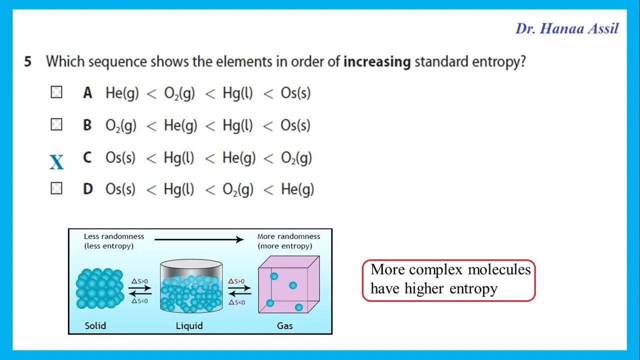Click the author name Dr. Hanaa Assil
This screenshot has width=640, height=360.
click(x=567, y=28)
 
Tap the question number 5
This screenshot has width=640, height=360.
click(x=27, y=62)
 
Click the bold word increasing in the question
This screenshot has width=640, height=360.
click(x=377, y=62)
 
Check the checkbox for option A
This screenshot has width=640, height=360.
click(x=56, y=92)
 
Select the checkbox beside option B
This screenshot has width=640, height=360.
click(x=56, y=124)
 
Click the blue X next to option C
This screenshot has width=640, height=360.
click(x=56, y=162)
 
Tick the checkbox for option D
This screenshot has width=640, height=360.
click(x=56, y=188)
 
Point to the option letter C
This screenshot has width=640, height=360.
click(x=87, y=158)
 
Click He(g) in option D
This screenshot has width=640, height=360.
click(x=297, y=189)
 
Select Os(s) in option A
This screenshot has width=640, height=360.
click(x=295, y=93)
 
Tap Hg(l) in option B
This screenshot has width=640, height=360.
click(x=237, y=125)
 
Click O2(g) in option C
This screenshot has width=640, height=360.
click(x=296, y=158)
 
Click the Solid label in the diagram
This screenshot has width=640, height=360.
click(x=95, y=325)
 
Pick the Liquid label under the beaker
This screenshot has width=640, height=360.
click(x=189, y=325)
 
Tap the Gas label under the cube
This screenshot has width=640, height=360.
click(x=284, y=325)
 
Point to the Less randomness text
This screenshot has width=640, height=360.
click(x=113, y=236)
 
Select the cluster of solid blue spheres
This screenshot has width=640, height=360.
click(x=99, y=288)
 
